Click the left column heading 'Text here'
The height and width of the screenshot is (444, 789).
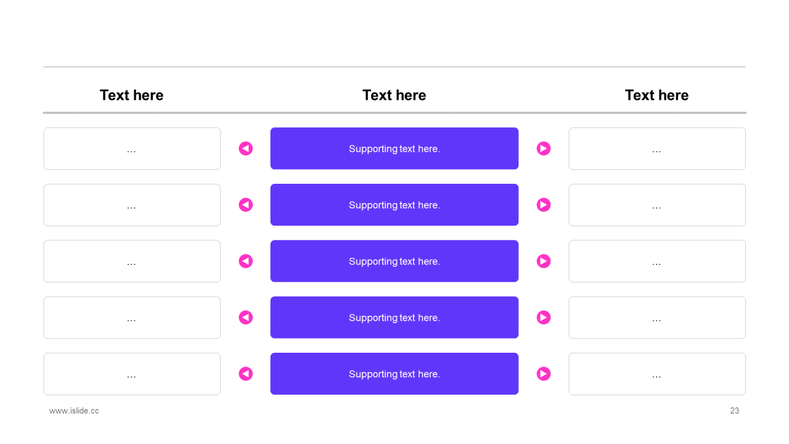point(131,95)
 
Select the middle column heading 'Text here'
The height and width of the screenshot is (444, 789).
point(394,95)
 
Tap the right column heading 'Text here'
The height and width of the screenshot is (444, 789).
point(656,95)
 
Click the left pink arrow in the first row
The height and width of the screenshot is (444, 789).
point(246,149)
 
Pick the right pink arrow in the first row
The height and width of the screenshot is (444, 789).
point(543,149)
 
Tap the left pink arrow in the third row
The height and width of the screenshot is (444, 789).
point(246,261)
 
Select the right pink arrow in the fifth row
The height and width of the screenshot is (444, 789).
point(543,374)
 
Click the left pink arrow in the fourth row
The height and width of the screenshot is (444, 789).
point(246,318)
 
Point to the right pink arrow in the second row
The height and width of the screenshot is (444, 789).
point(543,205)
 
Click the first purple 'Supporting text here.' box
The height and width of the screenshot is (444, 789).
point(394,149)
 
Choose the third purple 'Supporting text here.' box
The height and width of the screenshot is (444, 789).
point(394,261)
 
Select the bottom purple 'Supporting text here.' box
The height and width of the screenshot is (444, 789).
point(394,374)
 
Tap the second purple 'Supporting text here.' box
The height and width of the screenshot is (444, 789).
point(394,205)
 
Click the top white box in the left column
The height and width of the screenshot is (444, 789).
point(132,149)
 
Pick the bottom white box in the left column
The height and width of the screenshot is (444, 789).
point(132,374)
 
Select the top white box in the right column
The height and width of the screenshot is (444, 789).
point(657,149)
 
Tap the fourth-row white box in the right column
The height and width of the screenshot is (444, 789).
point(657,318)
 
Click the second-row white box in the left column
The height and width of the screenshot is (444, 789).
point(132,205)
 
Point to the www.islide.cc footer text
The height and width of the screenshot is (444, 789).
point(74,411)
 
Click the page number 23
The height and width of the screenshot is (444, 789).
point(734,411)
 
